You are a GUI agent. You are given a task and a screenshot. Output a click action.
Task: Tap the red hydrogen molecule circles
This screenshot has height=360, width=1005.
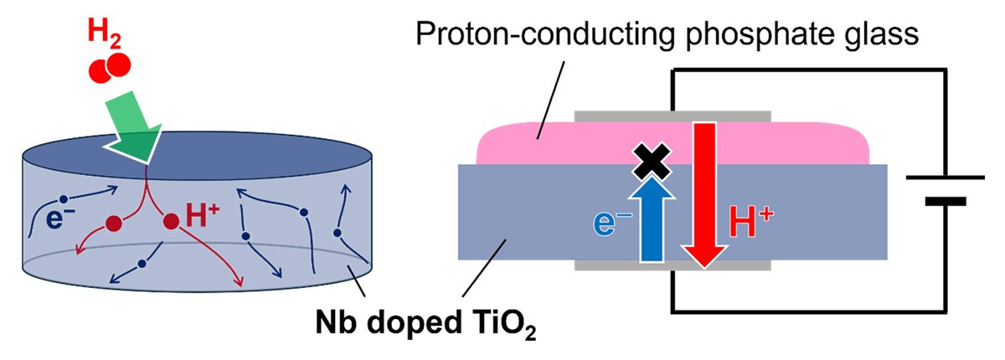[110, 68]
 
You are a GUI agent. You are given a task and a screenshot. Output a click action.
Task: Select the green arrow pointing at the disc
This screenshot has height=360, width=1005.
[132, 126]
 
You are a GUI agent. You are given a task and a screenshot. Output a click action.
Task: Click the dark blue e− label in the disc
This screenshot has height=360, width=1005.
[60, 219]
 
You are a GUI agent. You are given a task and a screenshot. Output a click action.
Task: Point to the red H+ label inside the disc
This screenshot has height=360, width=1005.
[203, 215]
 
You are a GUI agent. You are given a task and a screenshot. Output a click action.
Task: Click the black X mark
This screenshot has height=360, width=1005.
[652, 162]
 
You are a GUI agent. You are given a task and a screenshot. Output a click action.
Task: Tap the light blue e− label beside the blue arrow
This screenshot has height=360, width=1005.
[611, 224]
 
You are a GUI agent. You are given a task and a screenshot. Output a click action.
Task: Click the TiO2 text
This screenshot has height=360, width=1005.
[504, 325]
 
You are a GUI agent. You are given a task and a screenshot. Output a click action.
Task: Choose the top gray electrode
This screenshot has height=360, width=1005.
[673, 116]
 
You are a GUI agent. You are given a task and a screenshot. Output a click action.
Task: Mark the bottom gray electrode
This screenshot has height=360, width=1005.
[673, 265]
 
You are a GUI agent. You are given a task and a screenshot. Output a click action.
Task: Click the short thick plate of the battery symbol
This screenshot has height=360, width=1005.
[946, 202]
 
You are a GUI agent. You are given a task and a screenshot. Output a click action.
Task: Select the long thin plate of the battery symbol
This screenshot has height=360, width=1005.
[946, 177]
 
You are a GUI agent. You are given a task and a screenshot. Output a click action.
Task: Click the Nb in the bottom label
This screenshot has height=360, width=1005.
[336, 321]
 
